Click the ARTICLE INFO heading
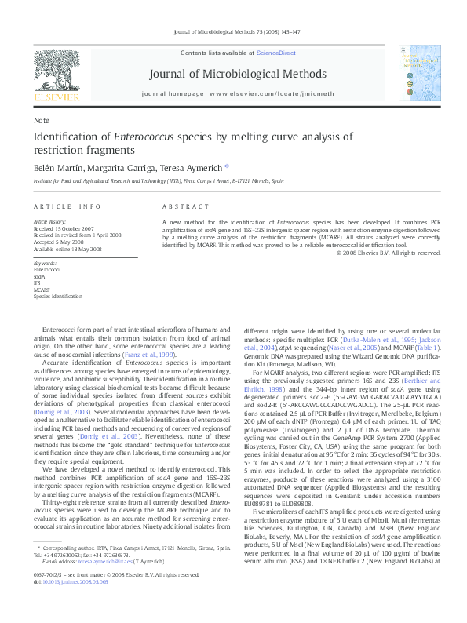(x=67, y=206)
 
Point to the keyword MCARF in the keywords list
(x=41, y=290)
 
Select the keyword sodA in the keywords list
(x=38, y=277)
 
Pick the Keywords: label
(x=46, y=263)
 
